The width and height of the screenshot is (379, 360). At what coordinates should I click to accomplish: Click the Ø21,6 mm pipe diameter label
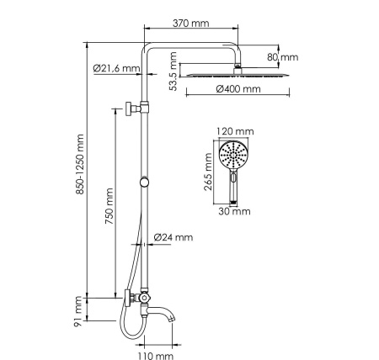coord(115,69)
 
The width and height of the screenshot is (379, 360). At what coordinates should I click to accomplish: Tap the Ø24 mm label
coord(174,238)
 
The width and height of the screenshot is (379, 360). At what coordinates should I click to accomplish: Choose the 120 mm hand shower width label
coord(234,132)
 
